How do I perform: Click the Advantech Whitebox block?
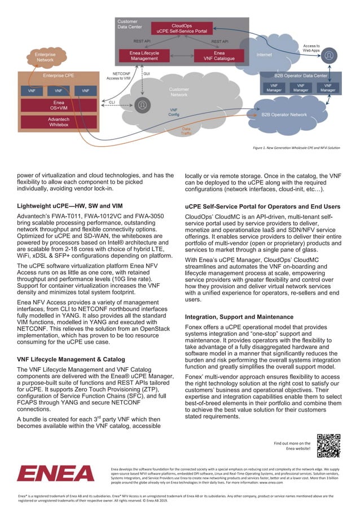[x=58, y=121]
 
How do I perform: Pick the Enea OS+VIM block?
[x=58, y=106]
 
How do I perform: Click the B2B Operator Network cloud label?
[x=284, y=115]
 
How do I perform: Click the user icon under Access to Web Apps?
[x=330, y=55]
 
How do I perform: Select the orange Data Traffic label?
[x=186, y=130]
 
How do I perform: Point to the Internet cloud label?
[x=264, y=55]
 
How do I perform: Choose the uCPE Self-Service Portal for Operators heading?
[x=262, y=206]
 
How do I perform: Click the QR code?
[x=328, y=445]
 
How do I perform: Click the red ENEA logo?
[x=56, y=473]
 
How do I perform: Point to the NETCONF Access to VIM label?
[x=120, y=76]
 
